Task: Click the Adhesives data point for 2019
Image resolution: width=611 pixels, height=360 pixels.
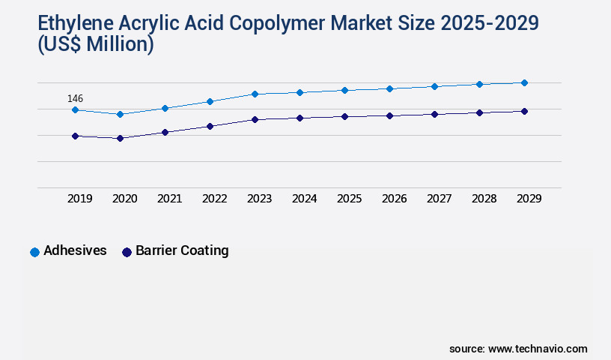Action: point(75,109)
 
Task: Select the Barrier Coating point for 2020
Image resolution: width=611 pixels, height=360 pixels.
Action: point(120,138)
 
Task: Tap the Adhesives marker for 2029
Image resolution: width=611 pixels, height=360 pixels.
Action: point(524,82)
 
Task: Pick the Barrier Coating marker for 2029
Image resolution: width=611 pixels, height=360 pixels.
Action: point(524,111)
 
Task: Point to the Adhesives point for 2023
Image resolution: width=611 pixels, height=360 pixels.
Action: point(255,94)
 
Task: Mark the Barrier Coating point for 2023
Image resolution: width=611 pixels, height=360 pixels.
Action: point(255,119)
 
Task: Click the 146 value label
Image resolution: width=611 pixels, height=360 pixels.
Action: point(75,98)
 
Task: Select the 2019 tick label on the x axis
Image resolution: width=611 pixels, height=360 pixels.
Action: point(80,199)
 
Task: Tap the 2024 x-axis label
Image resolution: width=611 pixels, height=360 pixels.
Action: point(305,199)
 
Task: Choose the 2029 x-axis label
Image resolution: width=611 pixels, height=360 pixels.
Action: point(529,199)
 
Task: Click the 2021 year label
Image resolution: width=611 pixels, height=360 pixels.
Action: point(170,199)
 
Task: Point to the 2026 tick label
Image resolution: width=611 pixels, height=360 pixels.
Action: point(395,199)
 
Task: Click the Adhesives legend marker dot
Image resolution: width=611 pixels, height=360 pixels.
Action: point(34,252)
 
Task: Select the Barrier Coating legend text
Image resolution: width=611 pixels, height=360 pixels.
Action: point(182,251)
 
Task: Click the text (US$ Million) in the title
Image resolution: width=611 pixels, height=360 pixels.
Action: point(95,44)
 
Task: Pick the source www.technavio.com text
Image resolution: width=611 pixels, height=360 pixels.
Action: point(518,349)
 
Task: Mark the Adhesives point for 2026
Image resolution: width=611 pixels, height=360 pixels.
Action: point(389,88)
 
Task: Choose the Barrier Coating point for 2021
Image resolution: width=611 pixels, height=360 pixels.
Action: point(165,132)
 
